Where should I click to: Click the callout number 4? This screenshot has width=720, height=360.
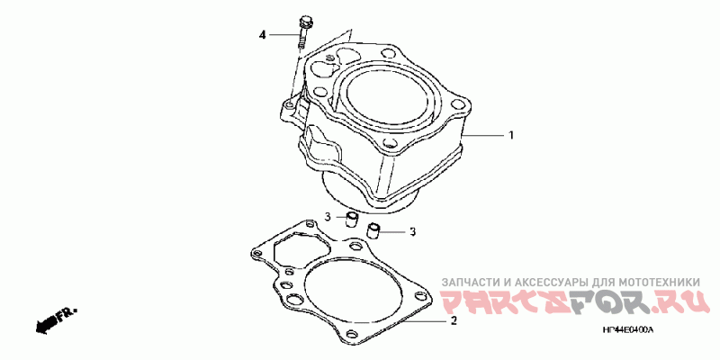262,35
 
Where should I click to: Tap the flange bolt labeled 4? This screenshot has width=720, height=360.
303,32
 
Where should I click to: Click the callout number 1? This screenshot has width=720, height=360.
510,136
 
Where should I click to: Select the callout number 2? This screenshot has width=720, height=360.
454,321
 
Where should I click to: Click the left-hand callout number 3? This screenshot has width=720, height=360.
328,217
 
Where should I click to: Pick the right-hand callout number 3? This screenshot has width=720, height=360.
412,232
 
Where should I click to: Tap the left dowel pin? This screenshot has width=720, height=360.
352,220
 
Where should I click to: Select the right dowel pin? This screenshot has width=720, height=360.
373,230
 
